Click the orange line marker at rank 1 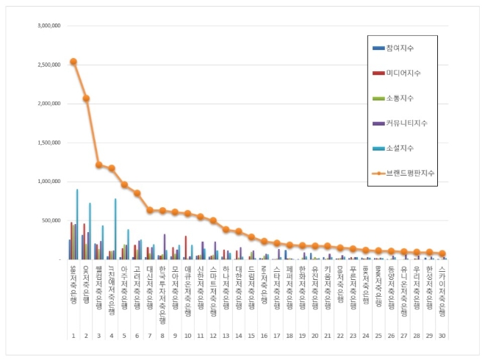73,62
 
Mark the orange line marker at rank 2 86,98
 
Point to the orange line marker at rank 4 112,168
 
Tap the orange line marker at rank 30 442,253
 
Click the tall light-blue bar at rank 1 77,224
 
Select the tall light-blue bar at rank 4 115,228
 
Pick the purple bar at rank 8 165,247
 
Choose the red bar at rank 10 185,248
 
